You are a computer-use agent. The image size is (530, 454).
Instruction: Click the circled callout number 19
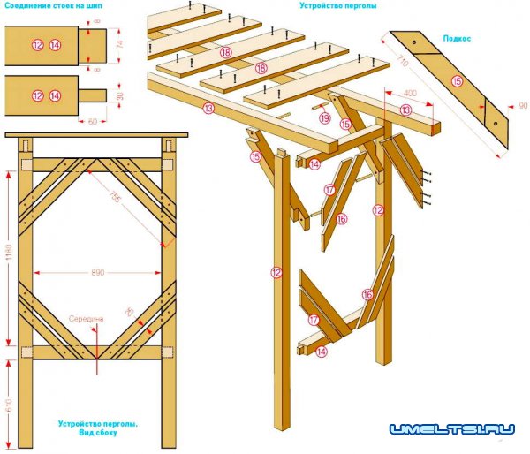tap(324, 118)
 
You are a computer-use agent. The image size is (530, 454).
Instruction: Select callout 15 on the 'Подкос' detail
tap(457, 81)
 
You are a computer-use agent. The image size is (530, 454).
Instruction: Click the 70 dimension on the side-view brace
tap(129, 311)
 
